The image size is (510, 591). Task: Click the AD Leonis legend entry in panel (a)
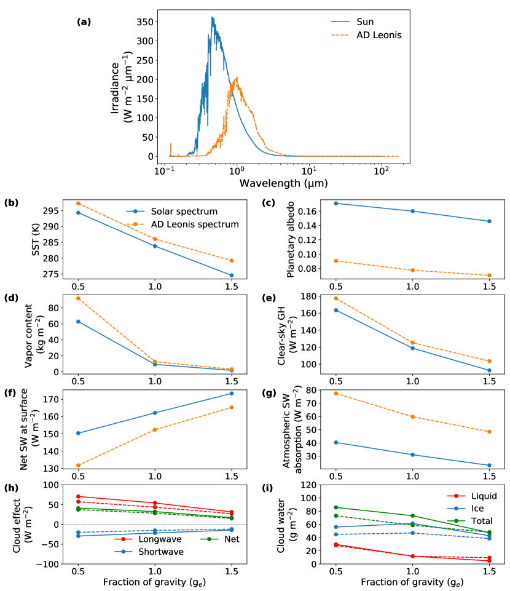click(379, 35)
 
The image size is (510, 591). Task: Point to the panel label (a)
click(84, 22)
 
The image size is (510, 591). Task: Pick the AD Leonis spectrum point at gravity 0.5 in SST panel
click(78, 204)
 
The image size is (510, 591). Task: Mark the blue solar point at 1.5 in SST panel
click(231, 276)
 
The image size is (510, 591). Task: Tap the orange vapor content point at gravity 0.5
click(78, 298)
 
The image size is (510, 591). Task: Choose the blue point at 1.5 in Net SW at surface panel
click(231, 393)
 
